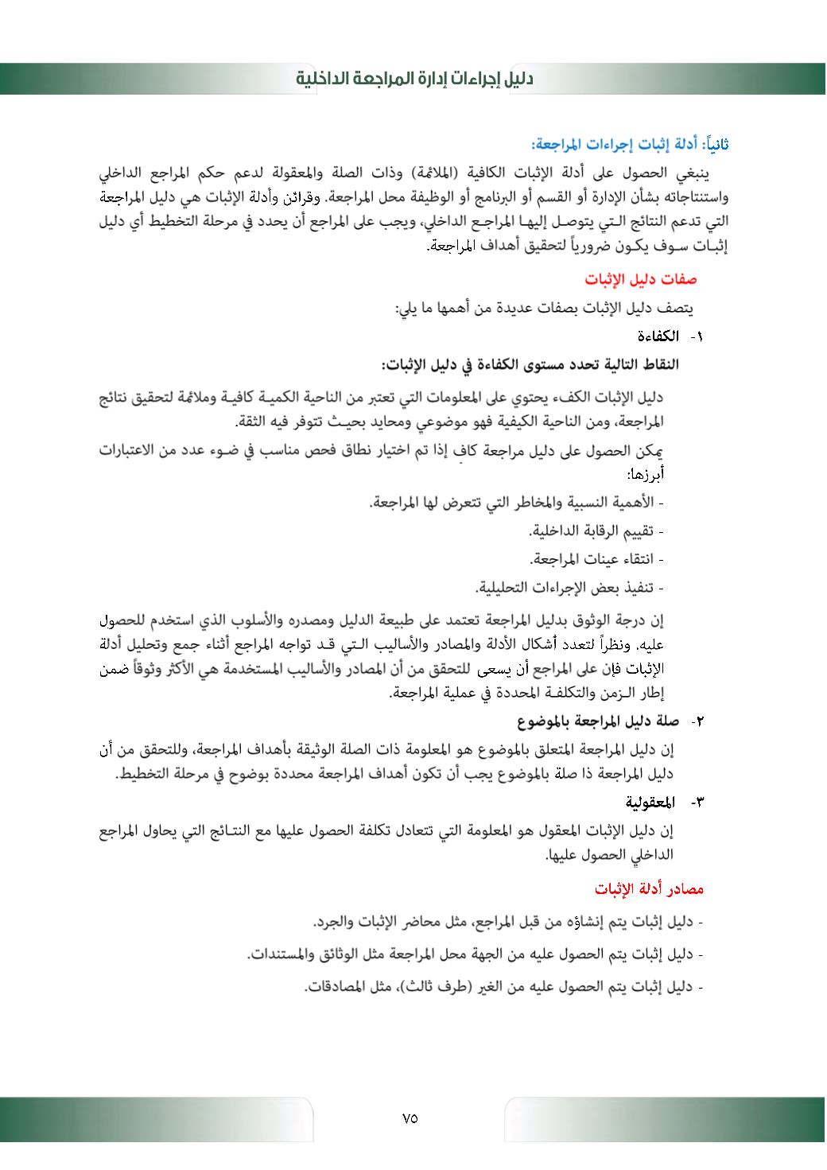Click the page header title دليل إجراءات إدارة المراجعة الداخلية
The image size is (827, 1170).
(x=415, y=80)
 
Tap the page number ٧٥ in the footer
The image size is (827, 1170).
(x=410, y=1118)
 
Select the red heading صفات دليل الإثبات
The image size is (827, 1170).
(x=641, y=280)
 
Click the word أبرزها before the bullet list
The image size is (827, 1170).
(x=646, y=475)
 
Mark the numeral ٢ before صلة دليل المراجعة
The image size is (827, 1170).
(x=701, y=722)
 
